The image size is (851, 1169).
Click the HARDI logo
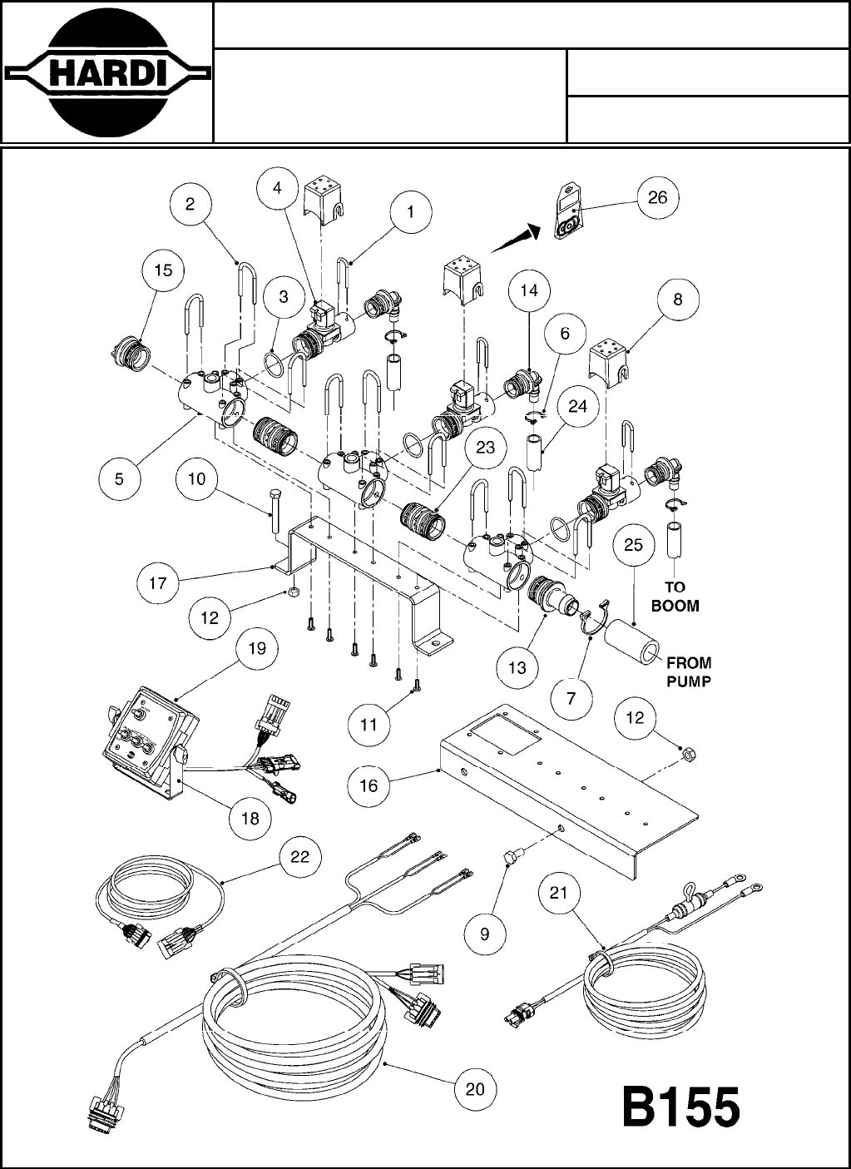pyautogui.click(x=106, y=72)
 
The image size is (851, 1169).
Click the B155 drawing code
pyautogui.click(x=681, y=1109)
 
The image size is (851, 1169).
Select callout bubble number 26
pyautogui.click(x=657, y=197)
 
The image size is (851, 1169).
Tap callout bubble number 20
pyautogui.click(x=475, y=1088)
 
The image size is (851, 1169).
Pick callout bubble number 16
pyautogui.click(x=369, y=785)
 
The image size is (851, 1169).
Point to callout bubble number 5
pyautogui.click(x=120, y=478)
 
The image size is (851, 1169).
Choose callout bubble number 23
pyautogui.click(x=485, y=448)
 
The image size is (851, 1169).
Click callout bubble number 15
pyautogui.click(x=163, y=270)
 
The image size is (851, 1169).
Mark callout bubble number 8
pyautogui.click(x=678, y=300)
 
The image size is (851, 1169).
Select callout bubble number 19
pyautogui.click(x=257, y=648)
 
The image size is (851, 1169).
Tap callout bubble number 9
pyautogui.click(x=485, y=933)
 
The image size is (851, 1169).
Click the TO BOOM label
pyautogui.click(x=675, y=596)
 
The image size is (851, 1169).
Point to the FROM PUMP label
pyautogui.click(x=688, y=671)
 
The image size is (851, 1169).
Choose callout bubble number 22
pyautogui.click(x=299, y=856)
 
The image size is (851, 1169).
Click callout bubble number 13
pyautogui.click(x=517, y=667)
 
